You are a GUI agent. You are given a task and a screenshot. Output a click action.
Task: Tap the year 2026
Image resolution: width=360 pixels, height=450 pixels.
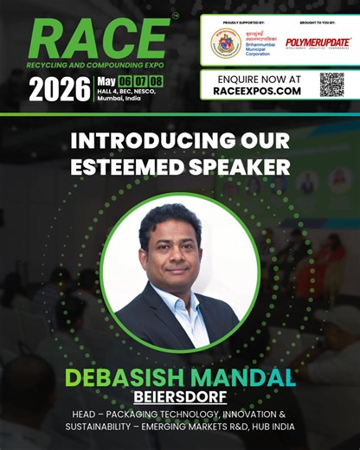point(59,88)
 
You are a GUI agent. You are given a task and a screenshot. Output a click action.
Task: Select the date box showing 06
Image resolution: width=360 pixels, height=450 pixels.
point(128,81)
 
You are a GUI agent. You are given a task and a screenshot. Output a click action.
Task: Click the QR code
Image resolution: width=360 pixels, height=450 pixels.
point(331,84)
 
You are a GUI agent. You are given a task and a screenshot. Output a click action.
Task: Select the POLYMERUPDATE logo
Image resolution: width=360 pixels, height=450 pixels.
point(318,42)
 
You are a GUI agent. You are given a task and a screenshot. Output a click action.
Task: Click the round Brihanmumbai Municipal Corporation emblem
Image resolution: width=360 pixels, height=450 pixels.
point(226,42)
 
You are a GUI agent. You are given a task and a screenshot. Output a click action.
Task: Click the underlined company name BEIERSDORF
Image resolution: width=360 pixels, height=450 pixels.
point(180,396)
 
